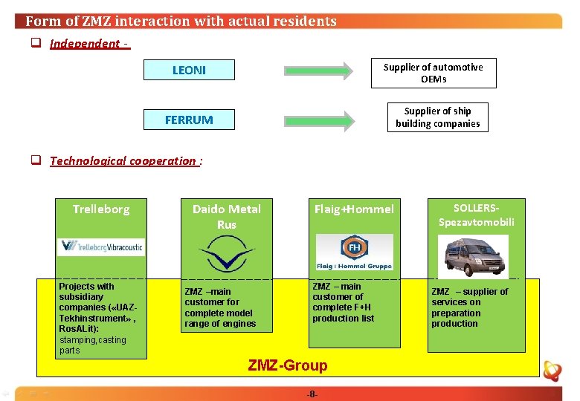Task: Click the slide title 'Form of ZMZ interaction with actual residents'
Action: tap(181, 22)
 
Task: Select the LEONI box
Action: tap(189, 71)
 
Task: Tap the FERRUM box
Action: tap(189, 120)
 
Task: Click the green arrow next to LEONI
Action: tap(318, 71)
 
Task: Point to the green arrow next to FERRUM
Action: tap(318, 120)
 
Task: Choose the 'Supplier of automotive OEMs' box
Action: tap(433, 73)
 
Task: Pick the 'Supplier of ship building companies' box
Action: tap(437, 117)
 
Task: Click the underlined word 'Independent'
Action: tap(84, 44)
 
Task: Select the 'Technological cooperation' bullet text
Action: tap(123, 161)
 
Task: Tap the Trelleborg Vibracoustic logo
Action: tap(100, 247)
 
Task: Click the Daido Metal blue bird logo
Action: tap(226, 254)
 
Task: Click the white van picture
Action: tap(473, 255)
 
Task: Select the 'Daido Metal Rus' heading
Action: tap(226, 216)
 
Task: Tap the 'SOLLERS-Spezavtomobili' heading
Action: tap(476, 215)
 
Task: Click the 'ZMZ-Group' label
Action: tap(287, 365)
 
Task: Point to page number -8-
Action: tap(312, 394)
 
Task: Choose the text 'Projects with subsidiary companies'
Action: tap(93, 297)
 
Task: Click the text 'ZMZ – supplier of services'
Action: tap(469, 297)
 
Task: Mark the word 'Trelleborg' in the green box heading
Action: tap(101, 209)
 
